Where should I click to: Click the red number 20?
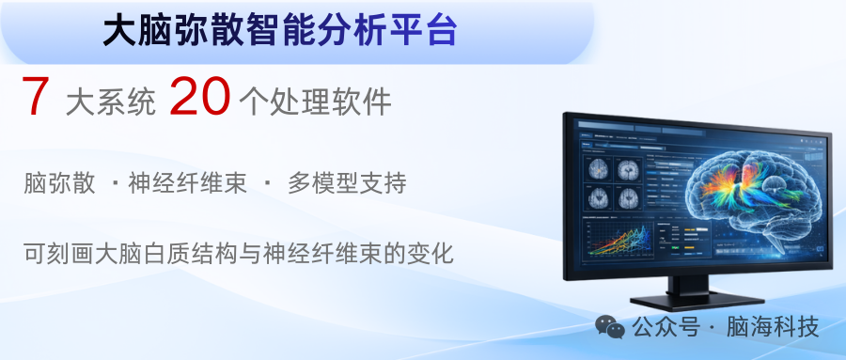[x=199, y=97]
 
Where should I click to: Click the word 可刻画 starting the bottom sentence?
[x=59, y=254]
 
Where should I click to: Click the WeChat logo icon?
[x=610, y=327]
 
